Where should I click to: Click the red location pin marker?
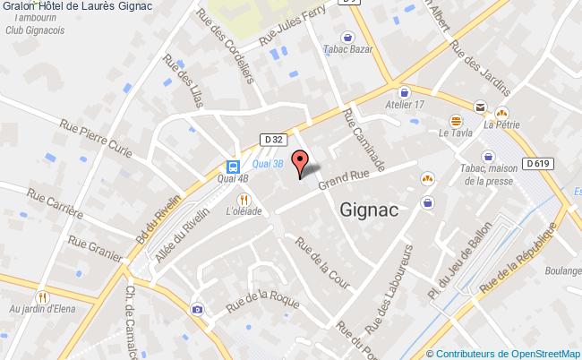(301, 163)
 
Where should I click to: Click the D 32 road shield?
(274, 139)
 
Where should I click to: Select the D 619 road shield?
(538, 163)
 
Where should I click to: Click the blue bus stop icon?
(233, 167)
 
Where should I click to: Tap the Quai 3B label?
(268, 164)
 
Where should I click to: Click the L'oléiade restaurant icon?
(242, 200)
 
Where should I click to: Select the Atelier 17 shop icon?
(404, 92)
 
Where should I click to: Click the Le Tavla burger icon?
(456, 120)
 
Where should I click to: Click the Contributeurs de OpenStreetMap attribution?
(503, 353)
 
